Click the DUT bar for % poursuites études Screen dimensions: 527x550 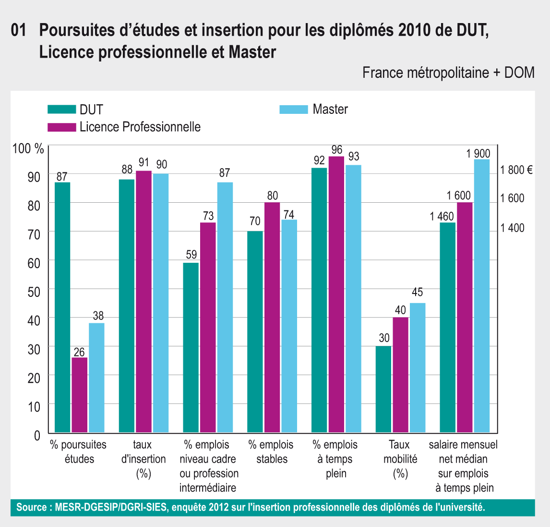(62, 307)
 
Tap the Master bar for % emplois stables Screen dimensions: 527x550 (289, 326)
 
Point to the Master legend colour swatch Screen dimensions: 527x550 (293, 110)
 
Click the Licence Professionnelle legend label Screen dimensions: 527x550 (140, 127)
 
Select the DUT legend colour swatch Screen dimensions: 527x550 (62, 110)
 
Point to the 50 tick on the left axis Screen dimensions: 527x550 (34, 290)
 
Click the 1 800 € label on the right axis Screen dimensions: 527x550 (516, 170)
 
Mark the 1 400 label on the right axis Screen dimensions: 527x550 (513, 228)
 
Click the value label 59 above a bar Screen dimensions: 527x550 (191, 255)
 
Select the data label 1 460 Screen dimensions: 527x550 (442, 216)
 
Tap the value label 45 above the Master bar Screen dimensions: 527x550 (417, 293)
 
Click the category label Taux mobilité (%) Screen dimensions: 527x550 (400, 459)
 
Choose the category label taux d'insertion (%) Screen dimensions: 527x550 (143, 459)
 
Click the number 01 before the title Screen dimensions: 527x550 (18, 31)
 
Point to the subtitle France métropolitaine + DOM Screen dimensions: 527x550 (448, 73)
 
